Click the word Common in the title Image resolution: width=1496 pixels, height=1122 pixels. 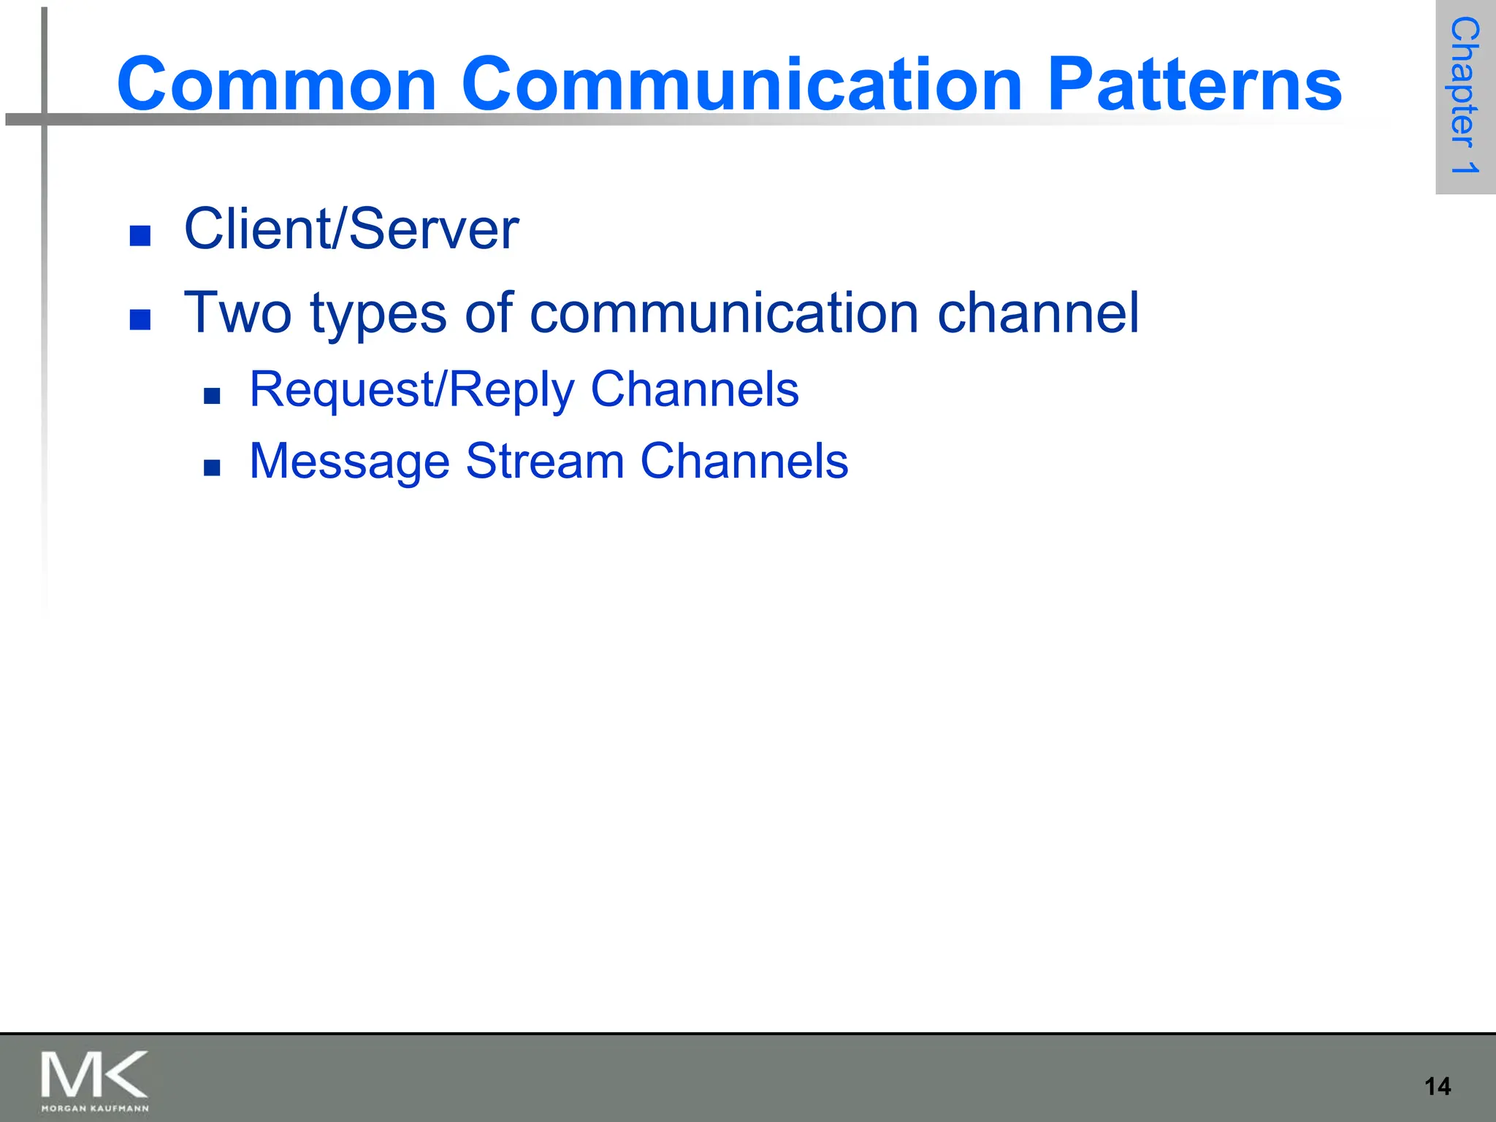point(277,85)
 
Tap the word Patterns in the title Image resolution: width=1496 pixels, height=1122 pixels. point(1194,85)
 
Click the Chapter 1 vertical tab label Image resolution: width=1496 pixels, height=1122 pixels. point(1465,96)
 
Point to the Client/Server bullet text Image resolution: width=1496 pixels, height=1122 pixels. point(351,229)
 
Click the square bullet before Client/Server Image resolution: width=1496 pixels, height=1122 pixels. point(140,235)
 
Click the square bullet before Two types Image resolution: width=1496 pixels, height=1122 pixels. point(140,319)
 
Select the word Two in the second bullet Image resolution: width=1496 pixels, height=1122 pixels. point(237,313)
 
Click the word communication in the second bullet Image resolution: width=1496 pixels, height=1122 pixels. point(723,313)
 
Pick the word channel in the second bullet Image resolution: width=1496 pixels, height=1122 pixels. point(1038,313)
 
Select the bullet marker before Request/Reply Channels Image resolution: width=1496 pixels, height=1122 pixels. point(212,396)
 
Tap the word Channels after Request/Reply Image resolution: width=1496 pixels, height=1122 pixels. point(695,389)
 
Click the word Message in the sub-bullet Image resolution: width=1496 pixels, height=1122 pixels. point(349,462)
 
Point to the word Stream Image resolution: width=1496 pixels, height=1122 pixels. point(544,461)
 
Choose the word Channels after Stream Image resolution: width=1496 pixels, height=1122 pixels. point(744,461)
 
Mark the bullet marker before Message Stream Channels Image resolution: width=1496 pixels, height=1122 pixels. point(212,467)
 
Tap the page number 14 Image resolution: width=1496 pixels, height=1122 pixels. point(1438,1086)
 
